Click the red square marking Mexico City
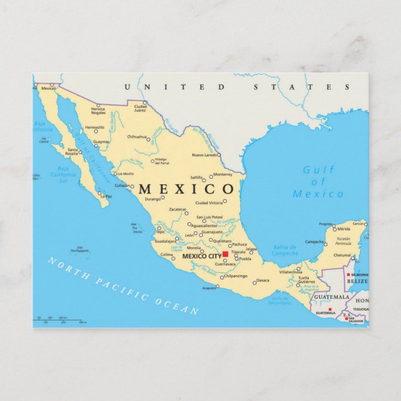tap(225, 254)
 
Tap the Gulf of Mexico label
tap(318, 182)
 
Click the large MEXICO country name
tap(186, 189)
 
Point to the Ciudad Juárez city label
tap(139, 109)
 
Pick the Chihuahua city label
tap(136, 136)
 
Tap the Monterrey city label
tap(222, 174)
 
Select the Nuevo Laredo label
tap(205, 154)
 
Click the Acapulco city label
tap(209, 288)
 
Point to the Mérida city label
tap(343, 229)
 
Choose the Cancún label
tap(359, 223)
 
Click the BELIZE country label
tap(357, 281)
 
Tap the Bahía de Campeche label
tap(285, 250)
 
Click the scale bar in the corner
tap(60, 321)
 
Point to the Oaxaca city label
tap(263, 280)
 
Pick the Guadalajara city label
tap(166, 241)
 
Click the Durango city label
tap(153, 199)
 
